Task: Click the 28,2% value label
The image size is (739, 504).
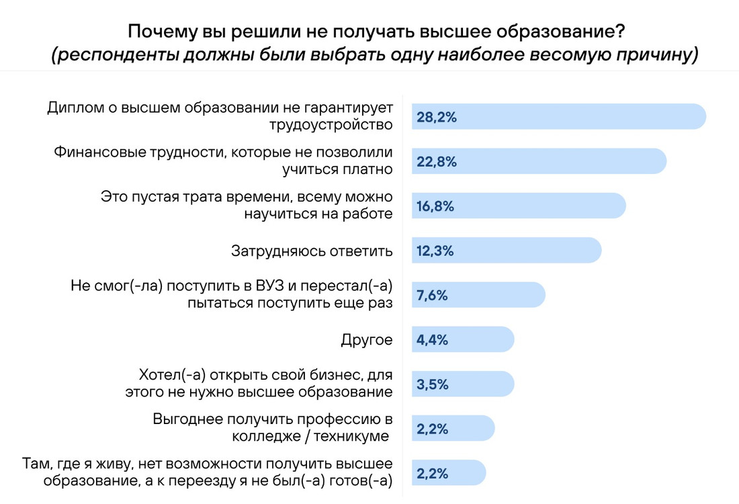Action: tap(437, 118)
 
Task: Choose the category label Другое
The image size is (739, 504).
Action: tap(366, 340)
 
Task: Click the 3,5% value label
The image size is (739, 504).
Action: tap(432, 385)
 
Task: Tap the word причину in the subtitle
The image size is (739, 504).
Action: tap(656, 54)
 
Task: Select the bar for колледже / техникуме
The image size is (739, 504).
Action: tap(453, 429)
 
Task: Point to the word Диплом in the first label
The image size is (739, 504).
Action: tap(75, 108)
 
